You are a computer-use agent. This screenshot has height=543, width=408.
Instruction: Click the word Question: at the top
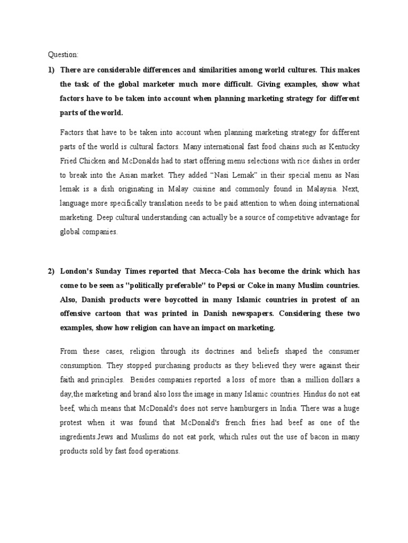[x=63, y=54]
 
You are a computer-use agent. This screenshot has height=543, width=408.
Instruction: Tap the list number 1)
[x=52, y=70]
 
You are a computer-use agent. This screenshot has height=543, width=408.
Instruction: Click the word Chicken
[x=86, y=160]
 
